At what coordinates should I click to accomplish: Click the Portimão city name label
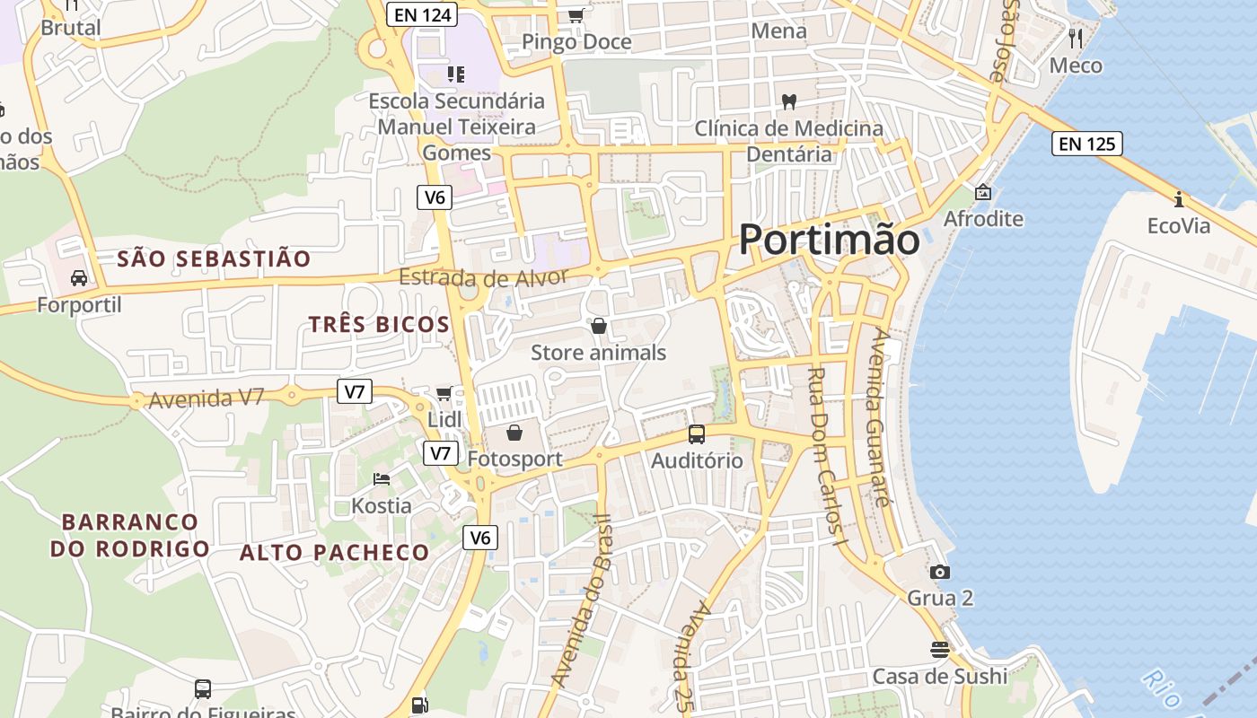829,240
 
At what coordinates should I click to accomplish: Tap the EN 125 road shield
1087,143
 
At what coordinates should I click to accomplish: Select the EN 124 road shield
422,13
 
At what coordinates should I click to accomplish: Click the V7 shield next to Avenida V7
356,391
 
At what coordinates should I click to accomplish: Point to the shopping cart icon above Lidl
444,393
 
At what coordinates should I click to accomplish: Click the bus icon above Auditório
696,434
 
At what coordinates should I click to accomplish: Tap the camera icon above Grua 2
939,572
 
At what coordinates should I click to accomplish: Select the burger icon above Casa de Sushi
939,650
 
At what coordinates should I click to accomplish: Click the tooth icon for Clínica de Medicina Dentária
789,102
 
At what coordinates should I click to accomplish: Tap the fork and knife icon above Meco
1076,39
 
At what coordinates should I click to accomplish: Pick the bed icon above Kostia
382,479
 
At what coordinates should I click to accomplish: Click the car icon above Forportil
79,278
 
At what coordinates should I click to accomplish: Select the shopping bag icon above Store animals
598,326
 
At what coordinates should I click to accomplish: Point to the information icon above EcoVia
1178,199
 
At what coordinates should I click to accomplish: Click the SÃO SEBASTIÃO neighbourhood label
215,259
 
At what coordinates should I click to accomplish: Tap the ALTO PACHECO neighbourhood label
334,553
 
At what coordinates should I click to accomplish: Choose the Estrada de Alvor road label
484,277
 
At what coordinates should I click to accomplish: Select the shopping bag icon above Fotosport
514,433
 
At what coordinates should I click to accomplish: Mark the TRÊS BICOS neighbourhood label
379,325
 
